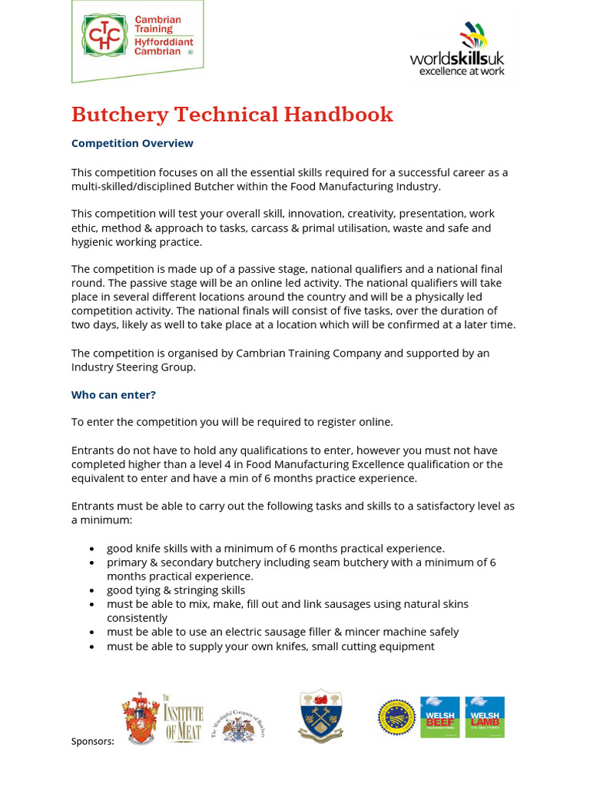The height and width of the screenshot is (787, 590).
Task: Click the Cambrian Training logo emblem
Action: [104, 36]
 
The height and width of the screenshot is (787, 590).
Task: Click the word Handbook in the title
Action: [338, 115]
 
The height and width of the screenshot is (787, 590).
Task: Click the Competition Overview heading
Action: [132, 144]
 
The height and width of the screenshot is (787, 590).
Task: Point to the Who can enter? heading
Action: [114, 395]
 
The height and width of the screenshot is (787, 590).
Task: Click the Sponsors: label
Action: [92, 742]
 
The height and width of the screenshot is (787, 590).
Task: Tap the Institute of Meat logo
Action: [183, 718]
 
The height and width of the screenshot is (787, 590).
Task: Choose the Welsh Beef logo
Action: [439, 717]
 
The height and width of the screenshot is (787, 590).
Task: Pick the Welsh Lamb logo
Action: [485, 717]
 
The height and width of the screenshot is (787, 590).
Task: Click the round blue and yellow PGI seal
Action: [396, 718]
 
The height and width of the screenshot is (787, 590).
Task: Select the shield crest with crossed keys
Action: [320, 716]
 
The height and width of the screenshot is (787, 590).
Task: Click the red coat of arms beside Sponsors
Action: [141, 718]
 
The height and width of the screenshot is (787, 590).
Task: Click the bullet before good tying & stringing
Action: [92, 590]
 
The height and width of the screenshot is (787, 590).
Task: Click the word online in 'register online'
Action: [376, 422]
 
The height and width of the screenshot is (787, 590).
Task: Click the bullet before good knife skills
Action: [92, 549]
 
